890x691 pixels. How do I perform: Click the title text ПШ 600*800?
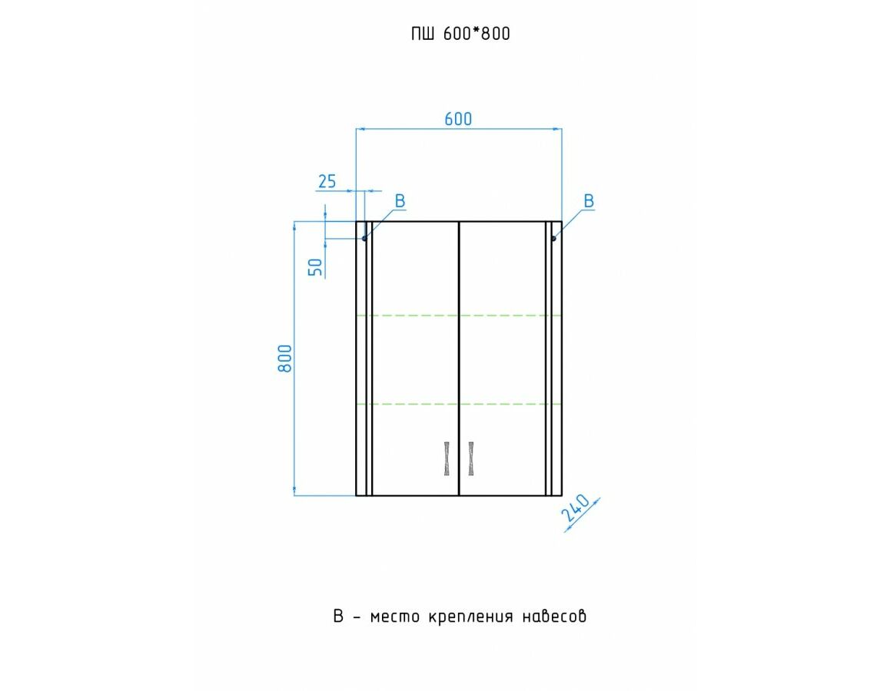pyautogui.click(x=460, y=34)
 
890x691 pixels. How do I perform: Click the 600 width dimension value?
pyautogui.click(x=458, y=119)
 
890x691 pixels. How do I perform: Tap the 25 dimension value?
pyautogui.click(x=327, y=181)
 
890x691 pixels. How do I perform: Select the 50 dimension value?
pyautogui.click(x=315, y=267)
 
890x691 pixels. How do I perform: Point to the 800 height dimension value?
pyautogui.click(x=285, y=359)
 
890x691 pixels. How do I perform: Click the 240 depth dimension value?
pyautogui.click(x=575, y=508)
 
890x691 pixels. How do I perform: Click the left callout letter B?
pyautogui.click(x=400, y=201)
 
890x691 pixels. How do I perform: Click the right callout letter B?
pyautogui.click(x=589, y=201)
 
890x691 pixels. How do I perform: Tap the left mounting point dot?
pyautogui.click(x=364, y=239)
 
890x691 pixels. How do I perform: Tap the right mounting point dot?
pyautogui.click(x=553, y=239)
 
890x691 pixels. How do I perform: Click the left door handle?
pyautogui.click(x=447, y=458)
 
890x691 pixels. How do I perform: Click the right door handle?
pyautogui.click(x=471, y=458)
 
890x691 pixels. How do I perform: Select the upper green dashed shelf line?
pyautogui.click(x=459, y=316)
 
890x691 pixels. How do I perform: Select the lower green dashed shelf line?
pyautogui.click(x=459, y=404)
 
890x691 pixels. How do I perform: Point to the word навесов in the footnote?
pyautogui.click(x=554, y=617)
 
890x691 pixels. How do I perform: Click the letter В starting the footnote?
pyautogui.click(x=338, y=617)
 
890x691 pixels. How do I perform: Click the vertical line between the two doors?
pyautogui.click(x=459, y=359)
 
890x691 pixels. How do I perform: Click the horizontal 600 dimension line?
pyautogui.click(x=459, y=129)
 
